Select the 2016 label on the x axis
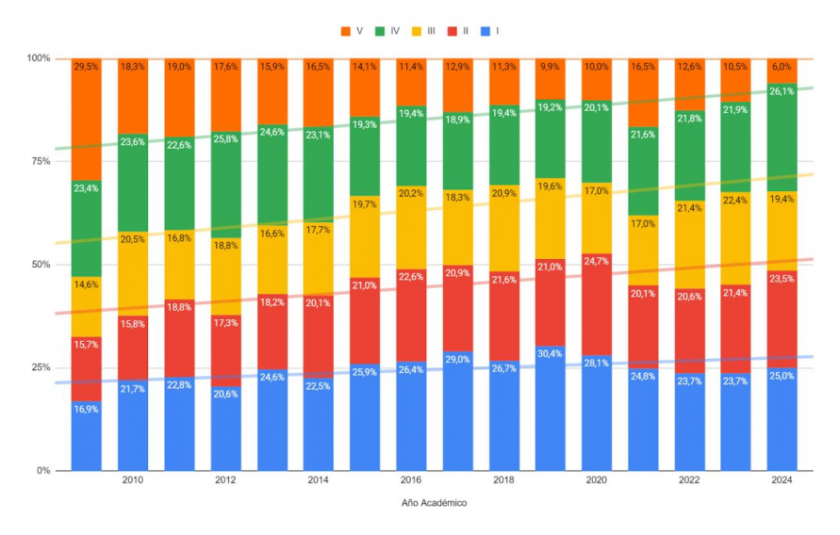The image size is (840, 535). coord(410,480)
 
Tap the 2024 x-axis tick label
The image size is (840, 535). coord(782,480)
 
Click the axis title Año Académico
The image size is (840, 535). coord(434,503)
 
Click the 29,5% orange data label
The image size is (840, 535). coord(87,66)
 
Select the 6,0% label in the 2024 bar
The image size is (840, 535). coord(782,66)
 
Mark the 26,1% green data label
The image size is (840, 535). coord(782,92)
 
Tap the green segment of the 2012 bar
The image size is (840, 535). coord(225,179)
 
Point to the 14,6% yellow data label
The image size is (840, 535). coord(87,284)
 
